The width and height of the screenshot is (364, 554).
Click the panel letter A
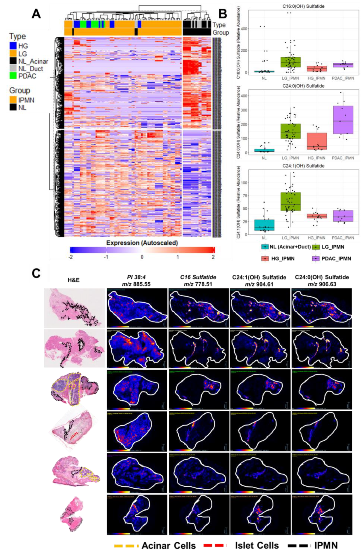coord(36,13)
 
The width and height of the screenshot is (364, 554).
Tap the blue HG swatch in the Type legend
coord(13,46)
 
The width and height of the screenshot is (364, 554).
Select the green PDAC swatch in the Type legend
coord(13,76)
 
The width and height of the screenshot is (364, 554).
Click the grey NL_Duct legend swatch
coord(13,68)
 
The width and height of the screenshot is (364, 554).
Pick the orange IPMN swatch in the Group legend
coord(13,100)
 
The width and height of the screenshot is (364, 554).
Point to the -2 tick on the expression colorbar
coord(70,257)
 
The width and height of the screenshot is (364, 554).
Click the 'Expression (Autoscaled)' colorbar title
coord(142,243)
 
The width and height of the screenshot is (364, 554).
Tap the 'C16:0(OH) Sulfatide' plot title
coord(303,6)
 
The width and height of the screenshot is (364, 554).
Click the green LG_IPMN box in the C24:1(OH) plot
coord(290,201)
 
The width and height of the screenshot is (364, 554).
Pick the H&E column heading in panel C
coord(73,280)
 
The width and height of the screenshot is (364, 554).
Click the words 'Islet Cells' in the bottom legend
coord(257,545)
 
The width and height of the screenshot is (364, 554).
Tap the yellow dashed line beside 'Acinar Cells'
coord(126,546)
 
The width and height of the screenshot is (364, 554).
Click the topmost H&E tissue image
coord(75,308)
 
